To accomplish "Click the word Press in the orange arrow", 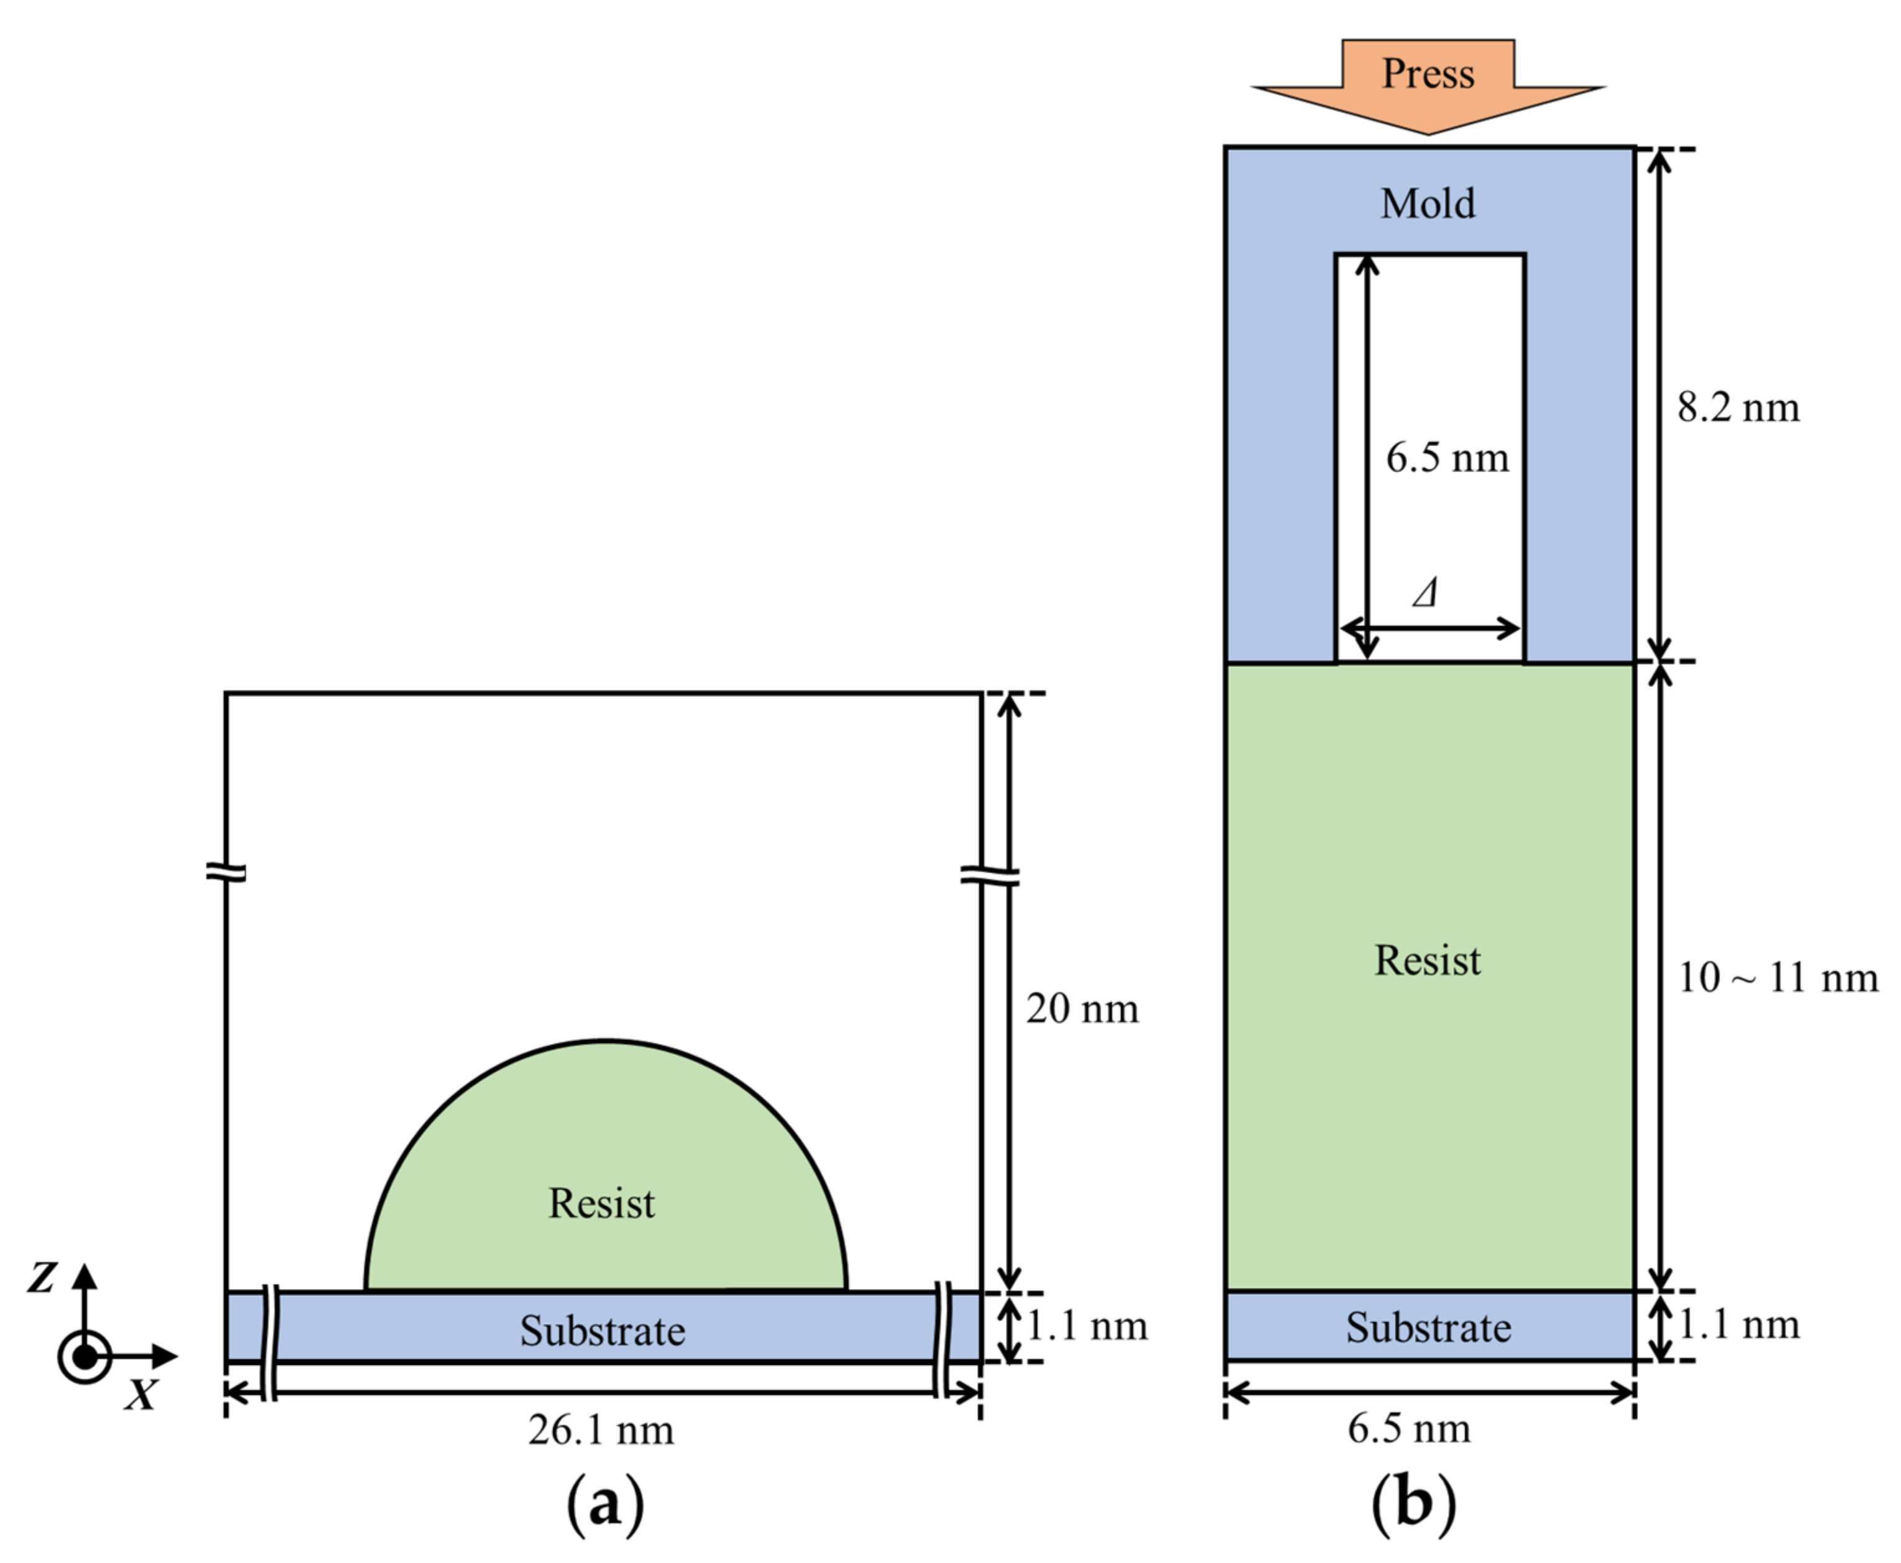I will [x=1428, y=74].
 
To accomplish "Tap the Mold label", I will [x=1428, y=204].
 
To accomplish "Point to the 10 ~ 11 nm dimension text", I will [x=1777, y=978].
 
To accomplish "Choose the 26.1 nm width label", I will [x=601, y=1430].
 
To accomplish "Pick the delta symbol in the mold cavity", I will [x=1425, y=593].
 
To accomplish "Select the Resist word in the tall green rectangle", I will [x=1428, y=960].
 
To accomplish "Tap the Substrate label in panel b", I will [x=1428, y=1327].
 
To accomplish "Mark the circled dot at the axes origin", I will [x=84, y=1357].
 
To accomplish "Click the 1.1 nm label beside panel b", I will [x=1738, y=1324].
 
